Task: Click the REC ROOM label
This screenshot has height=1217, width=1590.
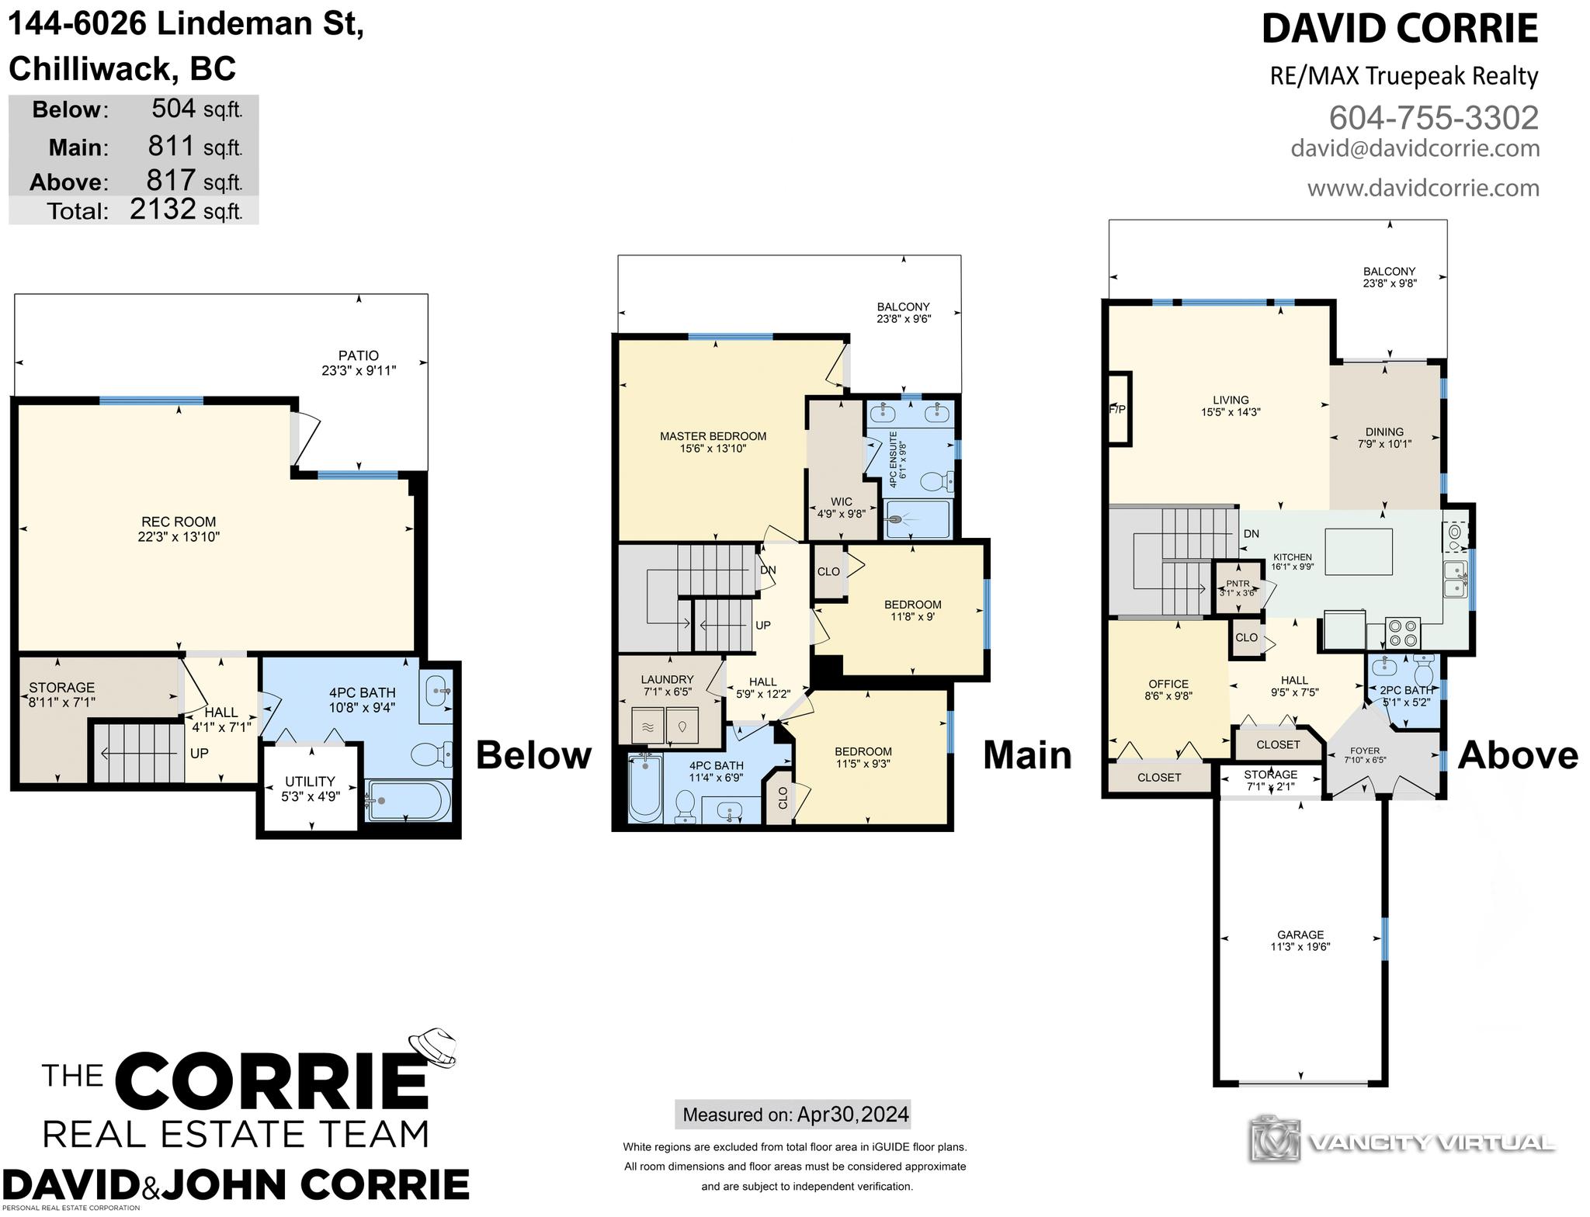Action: pyautogui.click(x=179, y=522)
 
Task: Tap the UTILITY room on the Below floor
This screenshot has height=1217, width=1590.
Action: pyautogui.click(x=310, y=788)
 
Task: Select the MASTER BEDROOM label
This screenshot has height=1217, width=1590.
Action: pyautogui.click(x=713, y=436)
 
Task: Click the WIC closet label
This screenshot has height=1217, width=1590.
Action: pyautogui.click(x=841, y=501)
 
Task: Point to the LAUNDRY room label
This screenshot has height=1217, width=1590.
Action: pyautogui.click(x=668, y=679)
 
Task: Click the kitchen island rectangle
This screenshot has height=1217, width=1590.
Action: pyautogui.click(x=1358, y=552)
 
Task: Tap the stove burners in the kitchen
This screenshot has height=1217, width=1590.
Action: pyautogui.click(x=1403, y=632)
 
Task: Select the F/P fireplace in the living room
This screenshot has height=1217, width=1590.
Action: pyautogui.click(x=1119, y=409)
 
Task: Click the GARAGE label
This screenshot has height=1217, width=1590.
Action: pyautogui.click(x=1300, y=935)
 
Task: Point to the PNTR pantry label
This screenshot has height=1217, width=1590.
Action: pyautogui.click(x=1238, y=584)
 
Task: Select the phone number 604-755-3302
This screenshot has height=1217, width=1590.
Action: pyautogui.click(x=1434, y=118)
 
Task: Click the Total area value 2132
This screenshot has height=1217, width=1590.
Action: pyautogui.click(x=162, y=208)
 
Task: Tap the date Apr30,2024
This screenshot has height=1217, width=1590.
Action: pyautogui.click(x=853, y=1115)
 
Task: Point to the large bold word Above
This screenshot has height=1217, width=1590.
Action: pyautogui.click(x=1518, y=754)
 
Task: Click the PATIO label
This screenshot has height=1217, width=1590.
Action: pyautogui.click(x=359, y=355)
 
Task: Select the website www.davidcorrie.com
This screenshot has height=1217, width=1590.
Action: pyautogui.click(x=1423, y=188)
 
